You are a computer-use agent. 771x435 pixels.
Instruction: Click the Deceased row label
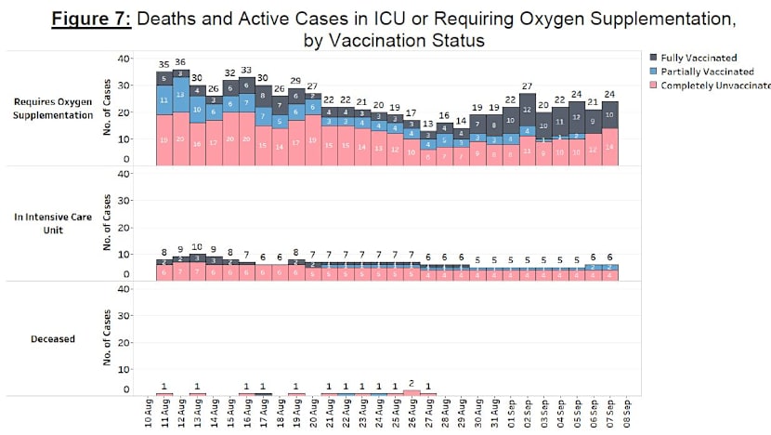tap(52, 338)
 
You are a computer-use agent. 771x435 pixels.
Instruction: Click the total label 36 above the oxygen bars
tap(180, 62)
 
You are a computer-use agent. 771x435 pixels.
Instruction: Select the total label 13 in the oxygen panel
tap(427, 124)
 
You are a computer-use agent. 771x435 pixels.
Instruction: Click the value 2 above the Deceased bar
tap(411, 382)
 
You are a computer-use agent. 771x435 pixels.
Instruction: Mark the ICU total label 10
tap(197, 246)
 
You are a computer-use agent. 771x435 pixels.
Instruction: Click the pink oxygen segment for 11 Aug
tap(163, 139)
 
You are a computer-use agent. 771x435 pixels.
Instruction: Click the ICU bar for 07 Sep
tap(609, 271)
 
